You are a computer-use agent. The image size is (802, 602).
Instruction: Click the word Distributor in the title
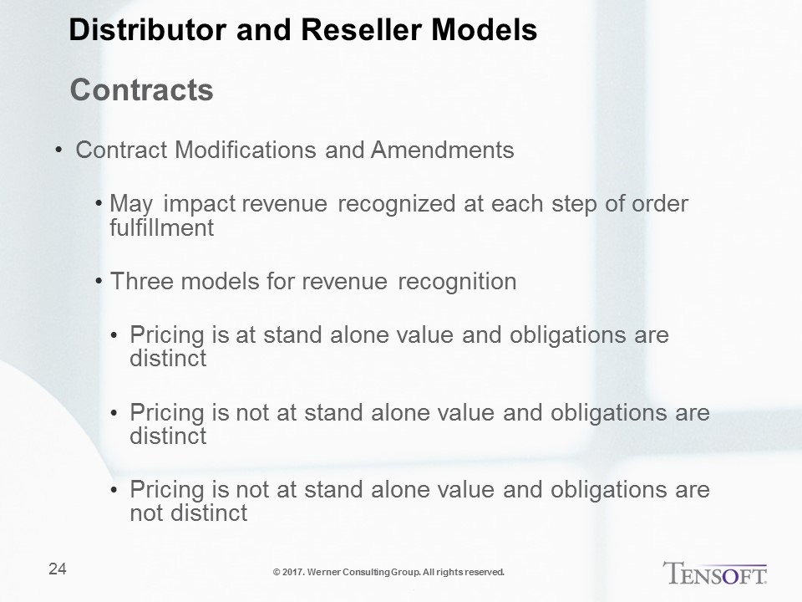(147, 29)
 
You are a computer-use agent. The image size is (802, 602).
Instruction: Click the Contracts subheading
(142, 90)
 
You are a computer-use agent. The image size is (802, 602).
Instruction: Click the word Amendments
(443, 150)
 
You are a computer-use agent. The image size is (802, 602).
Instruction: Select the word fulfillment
(161, 227)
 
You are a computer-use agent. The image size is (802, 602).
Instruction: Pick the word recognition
(457, 282)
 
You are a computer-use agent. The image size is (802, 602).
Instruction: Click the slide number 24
(58, 569)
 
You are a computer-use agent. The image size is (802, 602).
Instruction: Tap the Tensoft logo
(714, 573)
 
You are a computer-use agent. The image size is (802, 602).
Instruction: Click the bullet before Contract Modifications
(58, 150)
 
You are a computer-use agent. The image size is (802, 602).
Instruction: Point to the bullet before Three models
(99, 282)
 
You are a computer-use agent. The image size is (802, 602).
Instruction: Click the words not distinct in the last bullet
(189, 513)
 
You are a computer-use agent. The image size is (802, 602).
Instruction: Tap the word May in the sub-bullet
(131, 204)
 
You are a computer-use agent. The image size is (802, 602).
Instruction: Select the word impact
(200, 204)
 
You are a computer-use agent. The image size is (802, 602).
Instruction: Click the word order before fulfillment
(660, 203)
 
